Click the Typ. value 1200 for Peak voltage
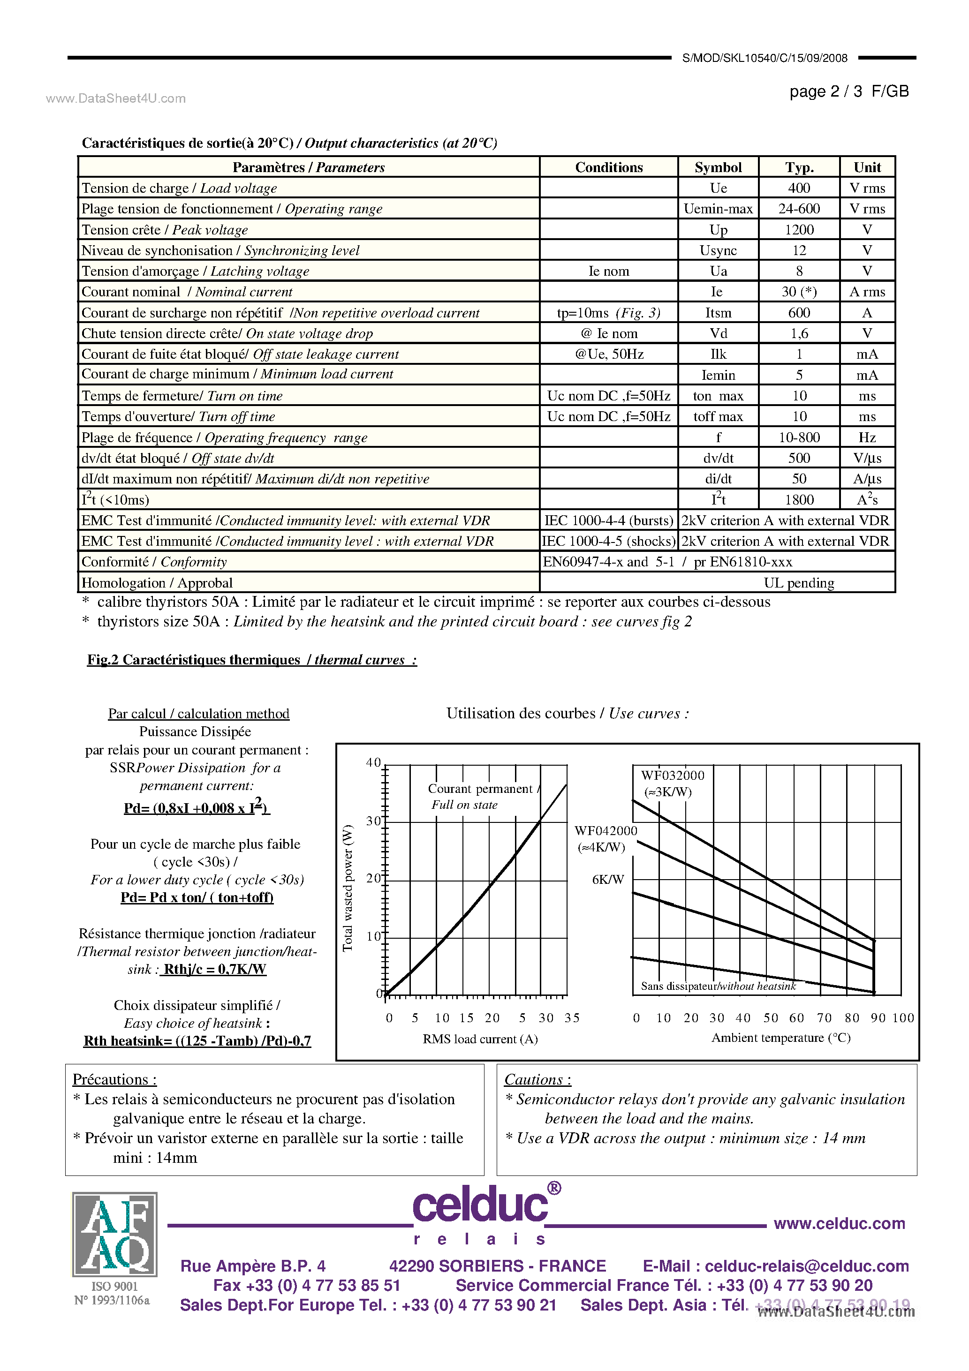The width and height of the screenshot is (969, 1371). click(799, 230)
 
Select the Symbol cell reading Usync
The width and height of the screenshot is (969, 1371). click(718, 251)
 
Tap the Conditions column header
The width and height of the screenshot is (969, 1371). click(608, 167)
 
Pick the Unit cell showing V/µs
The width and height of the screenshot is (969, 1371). click(867, 458)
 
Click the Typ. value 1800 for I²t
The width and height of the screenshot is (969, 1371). click(799, 500)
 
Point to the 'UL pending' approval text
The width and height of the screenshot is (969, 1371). click(798, 583)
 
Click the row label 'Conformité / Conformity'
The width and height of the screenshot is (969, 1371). click(154, 562)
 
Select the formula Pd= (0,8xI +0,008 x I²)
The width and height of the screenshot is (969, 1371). click(197, 807)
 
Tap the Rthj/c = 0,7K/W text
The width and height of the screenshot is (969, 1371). click(214, 969)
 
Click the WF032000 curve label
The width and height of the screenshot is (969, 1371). click(672, 776)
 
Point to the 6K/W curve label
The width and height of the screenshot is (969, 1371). click(607, 880)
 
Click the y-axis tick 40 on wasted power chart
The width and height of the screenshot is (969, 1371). click(373, 762)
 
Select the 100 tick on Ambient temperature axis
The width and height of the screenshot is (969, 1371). click(903, 1018)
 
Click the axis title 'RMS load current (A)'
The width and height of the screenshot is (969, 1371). click(480, 1039)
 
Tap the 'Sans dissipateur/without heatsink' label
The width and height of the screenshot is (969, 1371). click(718, 986)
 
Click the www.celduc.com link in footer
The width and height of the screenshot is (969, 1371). click(839, 1223)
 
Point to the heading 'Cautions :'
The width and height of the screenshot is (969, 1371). click(537, 1080)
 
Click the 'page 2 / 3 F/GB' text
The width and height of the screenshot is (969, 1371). click(848, 91)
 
